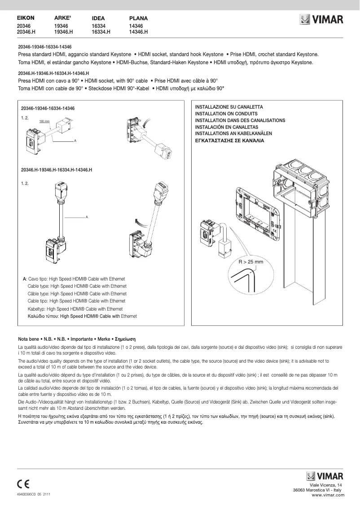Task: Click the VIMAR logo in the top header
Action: point(322,20)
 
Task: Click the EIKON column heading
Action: point(26,18)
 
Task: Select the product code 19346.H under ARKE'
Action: point(63,32)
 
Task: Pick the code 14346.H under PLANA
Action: point(138,32)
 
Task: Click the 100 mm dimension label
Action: point(44,122)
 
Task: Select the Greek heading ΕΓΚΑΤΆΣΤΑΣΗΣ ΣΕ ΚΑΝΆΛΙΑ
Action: point(230,140)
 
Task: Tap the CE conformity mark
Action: point(23,484)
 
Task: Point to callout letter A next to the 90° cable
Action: point(87,217)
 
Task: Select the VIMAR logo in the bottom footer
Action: point(325,476)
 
